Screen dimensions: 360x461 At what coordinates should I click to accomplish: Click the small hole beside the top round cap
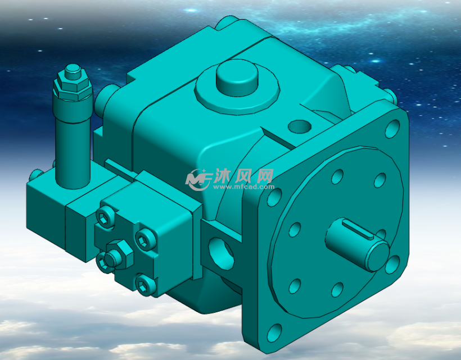tap(298, 125)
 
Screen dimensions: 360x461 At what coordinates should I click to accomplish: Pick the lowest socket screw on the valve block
tap(145, 285)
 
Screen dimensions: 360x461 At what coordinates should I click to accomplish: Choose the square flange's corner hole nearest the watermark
tap(274, 197)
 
